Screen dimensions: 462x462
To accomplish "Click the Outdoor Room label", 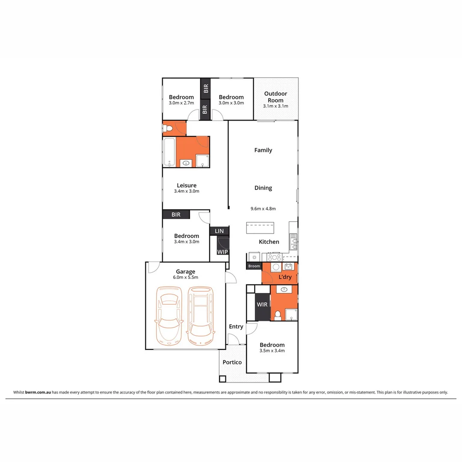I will point(275,97).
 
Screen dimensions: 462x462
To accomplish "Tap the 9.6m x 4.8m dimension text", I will point(263,209).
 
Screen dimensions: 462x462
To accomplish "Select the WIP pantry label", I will point(222,252).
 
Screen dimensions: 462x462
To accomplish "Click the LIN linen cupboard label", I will point(219,231).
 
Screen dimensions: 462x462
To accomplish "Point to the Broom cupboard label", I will point(254,266).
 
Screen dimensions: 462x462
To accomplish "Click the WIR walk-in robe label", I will point(262,305).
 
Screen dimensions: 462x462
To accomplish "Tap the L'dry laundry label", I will point(285,277).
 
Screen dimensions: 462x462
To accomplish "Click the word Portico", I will point(232,362).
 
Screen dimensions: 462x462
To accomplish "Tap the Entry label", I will point(236,326).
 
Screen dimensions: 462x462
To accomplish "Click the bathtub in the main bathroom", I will point(169,152).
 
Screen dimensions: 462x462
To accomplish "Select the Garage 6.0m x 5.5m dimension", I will point(186,277).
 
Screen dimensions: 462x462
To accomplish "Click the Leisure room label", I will point(187,185).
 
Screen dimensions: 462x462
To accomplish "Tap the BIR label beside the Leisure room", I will point(176,215).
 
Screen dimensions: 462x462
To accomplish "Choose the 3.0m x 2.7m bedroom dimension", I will point(181,103).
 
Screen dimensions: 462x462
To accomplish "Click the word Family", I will point(263,150).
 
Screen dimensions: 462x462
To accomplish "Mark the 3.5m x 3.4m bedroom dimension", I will point(272,351).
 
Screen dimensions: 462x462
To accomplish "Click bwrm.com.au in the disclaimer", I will point(38,392).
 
